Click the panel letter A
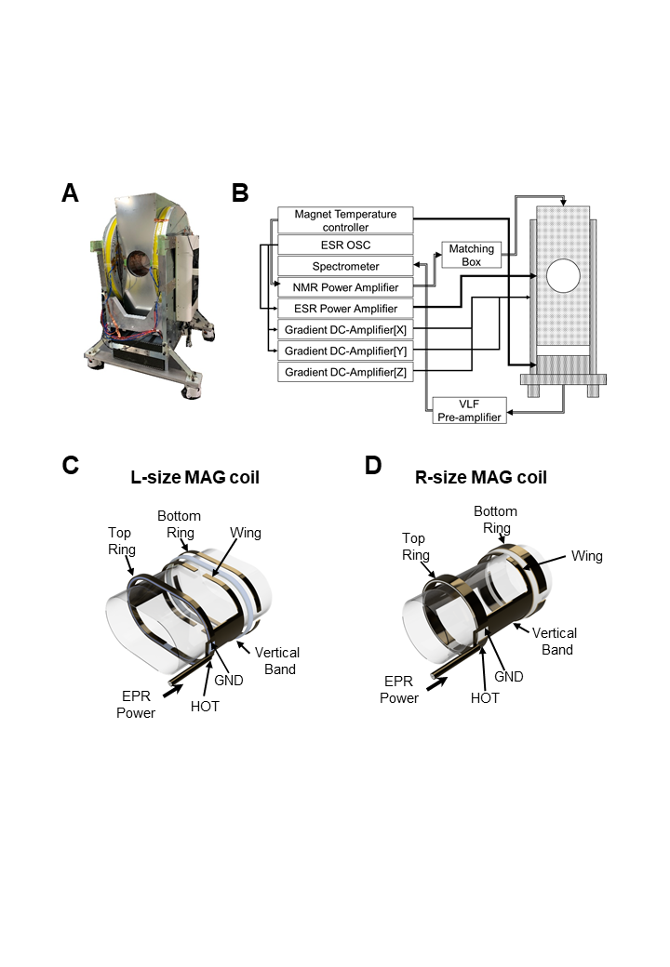pyautogui.click(x=71, y=193)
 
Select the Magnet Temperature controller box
pyautogui.click(x=345, y=220)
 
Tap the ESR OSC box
pyautogui.click(x=345, y=245)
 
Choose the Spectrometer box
pyautogui.click(x=345, y=267)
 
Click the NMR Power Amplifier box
pyautogui.click(x=345, y=287)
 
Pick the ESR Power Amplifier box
pyautogui.click(x=345, y=309)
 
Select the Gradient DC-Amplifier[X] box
pyautogui.click(x=345, y=330)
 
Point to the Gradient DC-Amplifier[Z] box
pyautogui.click(x=345, y=372)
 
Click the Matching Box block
pyautogui.click(x=472, y=255)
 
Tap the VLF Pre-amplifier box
pyautogui.click(x=470, y=411)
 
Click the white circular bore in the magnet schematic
pyautogui.click(x=563, y=275)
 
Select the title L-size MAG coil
pyautogui.click(x=195, y=477)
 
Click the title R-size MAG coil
pyautogui.click(x=481, y=477)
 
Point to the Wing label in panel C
pyautogui.click(x=246, y=533)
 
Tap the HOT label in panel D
pyautogui.click(x=485, y=698)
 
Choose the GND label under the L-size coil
pyautogui.click(x=229, y=681)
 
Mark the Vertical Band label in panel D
pyautogui.click(x=555, y=642)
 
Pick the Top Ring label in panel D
pyautogui.click(x=416, y=547)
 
